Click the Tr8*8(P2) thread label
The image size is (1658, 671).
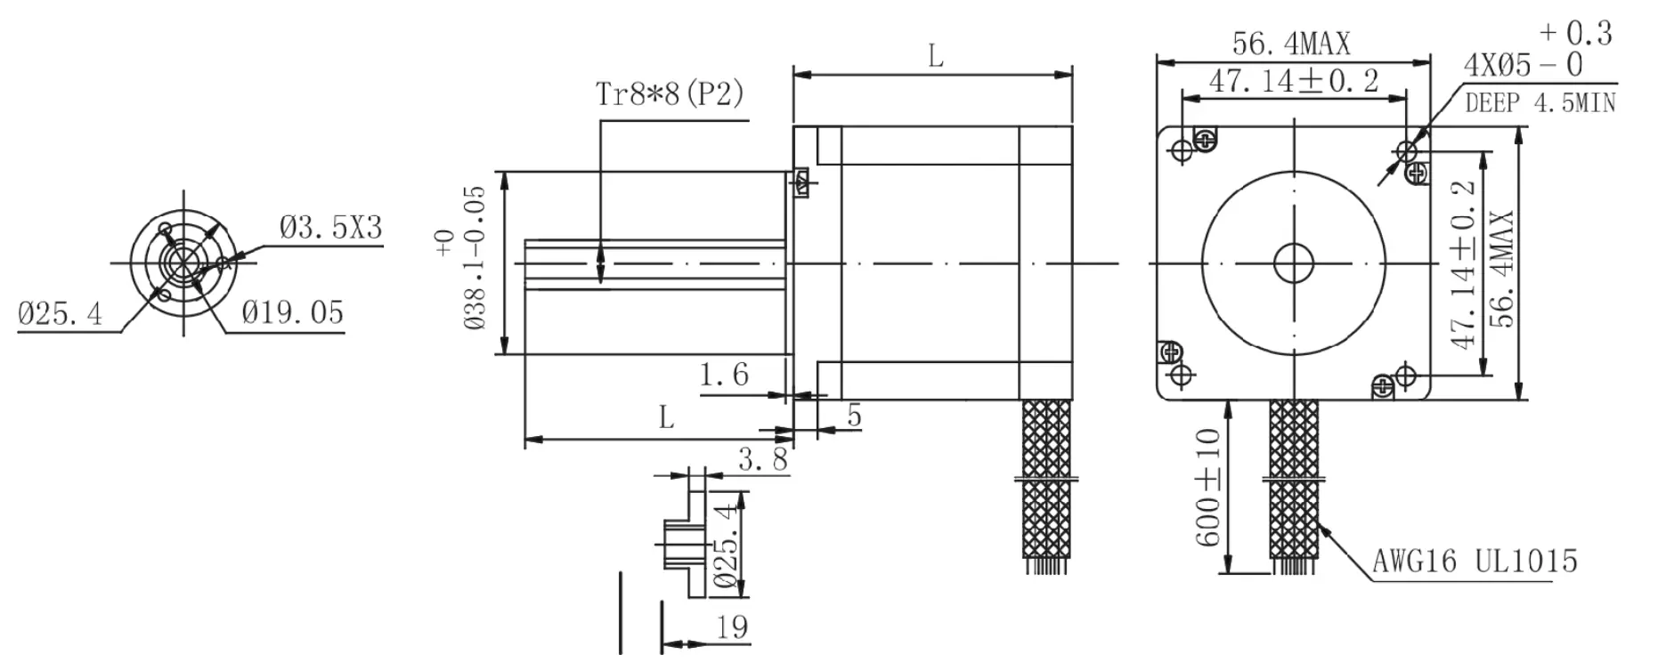(x=670, y=94)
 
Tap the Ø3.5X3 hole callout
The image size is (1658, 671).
(x=330, y=228)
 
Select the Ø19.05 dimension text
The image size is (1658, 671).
(x=292, y=312)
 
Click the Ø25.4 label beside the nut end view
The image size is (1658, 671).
(x=60, y=313)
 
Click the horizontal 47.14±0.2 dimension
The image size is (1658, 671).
(x=1293, y=81)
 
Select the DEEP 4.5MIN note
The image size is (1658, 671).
(x=1540, y=103)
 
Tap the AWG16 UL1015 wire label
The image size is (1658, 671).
(x=1475, y=561)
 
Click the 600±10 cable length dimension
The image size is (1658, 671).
(x=1207, y=488)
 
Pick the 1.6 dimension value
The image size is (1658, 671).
(x=723, y=375)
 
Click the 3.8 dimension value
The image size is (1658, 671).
(x=762, y=459)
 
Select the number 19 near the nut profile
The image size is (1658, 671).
(x=732, y=627)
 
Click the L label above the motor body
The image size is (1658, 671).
(x=935, y=57)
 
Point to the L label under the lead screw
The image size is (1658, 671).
(x=666, y=416)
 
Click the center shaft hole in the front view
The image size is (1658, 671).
(x=1294, y=263)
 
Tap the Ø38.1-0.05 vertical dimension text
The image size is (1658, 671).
(x=475, y=258)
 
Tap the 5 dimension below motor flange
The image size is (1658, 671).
(x=854, y=416)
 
